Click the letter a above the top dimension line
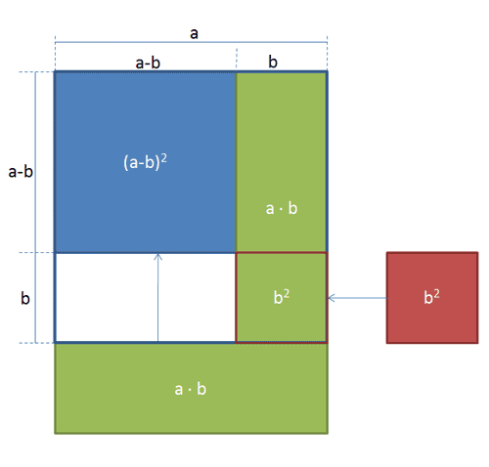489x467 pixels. coord(194,33)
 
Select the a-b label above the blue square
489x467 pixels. coord(148,63)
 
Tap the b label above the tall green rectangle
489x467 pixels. coord(273,62)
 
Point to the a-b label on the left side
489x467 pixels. coord(21,172)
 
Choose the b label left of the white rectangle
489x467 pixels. coord(25,298)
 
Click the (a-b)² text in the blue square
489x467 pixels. coord(145,162)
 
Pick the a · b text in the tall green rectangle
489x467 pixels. coord(282,208)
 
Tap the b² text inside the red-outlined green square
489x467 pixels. coord(282,297)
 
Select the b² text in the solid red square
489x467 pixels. coord(431,297)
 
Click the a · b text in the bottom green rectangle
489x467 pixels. coord(191,389)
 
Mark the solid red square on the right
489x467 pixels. coord(432,298)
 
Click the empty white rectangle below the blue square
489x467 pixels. coord(146,298)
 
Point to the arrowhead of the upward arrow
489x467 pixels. coord(158,255)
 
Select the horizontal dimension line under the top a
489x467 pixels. coord(191,42)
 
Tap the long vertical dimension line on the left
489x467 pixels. coord(35,207)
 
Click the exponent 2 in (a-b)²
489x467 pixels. coord(163,158)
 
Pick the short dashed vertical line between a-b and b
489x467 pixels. coord(237,59)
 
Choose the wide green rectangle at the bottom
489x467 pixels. coord(191,389)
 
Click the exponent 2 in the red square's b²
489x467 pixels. coord(436,294)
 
